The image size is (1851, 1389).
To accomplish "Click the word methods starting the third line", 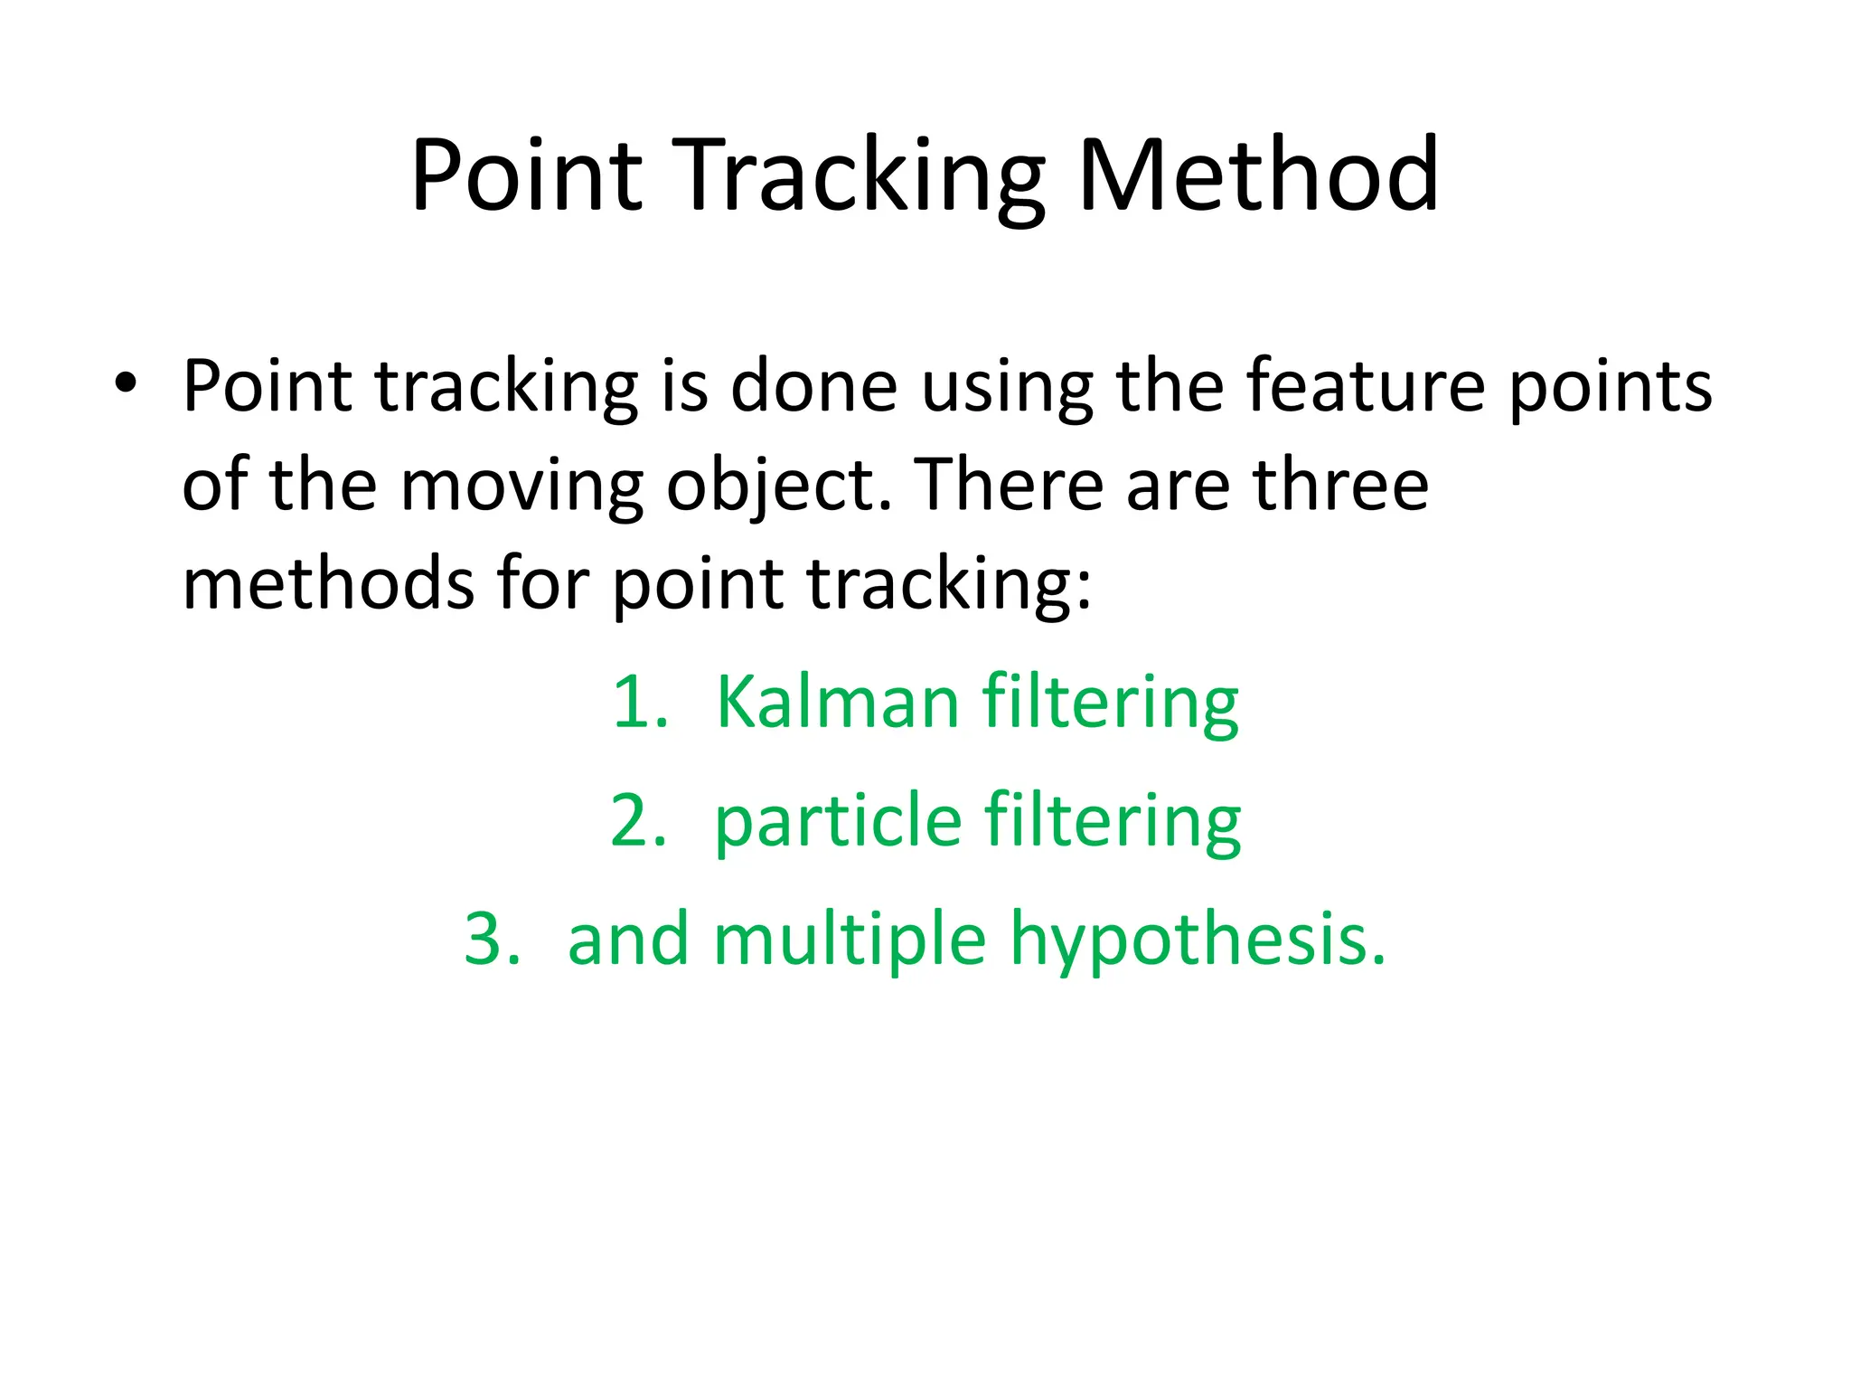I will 327,583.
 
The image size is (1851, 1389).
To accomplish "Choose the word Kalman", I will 837,703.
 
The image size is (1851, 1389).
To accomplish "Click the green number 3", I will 490,939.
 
